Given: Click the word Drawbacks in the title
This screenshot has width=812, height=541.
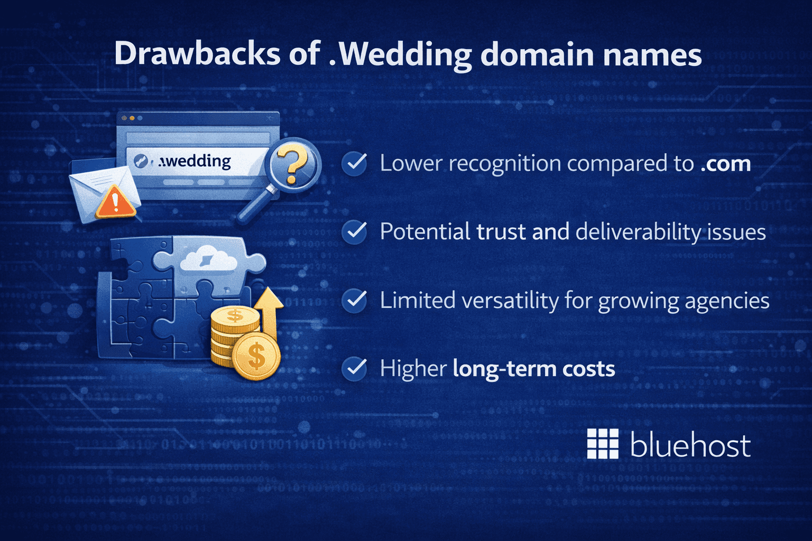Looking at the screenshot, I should point(197,54).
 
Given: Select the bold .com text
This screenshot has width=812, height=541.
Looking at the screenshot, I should point(725,164).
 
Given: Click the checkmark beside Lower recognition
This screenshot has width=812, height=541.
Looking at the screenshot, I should point(354,163).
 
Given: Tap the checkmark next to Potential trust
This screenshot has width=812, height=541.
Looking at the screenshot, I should point(354,231).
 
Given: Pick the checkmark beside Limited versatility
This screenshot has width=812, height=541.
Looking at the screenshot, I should point(354,300).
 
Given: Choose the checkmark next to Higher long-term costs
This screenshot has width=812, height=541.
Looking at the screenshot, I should point(354,368).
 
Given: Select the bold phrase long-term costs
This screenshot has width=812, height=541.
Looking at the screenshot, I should point(534,369).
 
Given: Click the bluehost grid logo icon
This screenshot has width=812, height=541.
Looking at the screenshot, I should point(603,444).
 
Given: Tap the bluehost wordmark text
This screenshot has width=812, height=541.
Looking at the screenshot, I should point(690,445).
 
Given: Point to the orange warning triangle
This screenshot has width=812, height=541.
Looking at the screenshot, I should point(115,203).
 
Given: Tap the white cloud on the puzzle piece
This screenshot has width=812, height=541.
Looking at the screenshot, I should point(208,259).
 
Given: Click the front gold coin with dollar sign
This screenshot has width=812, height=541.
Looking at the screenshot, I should point(256,357).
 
